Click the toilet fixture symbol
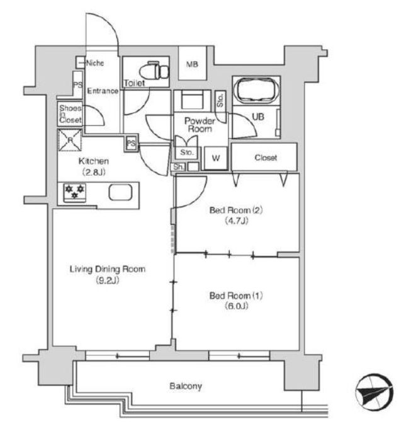(155, 71)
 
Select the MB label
(192, 64)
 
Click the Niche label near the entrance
(95, 63)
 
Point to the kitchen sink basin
(120, 193)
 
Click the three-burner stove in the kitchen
(75, 192)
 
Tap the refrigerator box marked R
(70, 140)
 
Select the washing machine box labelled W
(216, 158)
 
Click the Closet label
(266, 157)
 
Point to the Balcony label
(186, 386)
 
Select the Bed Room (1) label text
(236, 295)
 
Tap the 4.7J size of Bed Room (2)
(236, 220)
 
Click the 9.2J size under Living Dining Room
(108, 280)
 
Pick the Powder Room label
(200, 125)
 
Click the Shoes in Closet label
(70, 114)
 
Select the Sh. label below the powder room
(179, 167)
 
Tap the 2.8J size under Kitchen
(94, 173)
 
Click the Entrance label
(103, 91)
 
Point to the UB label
(258, 117)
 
